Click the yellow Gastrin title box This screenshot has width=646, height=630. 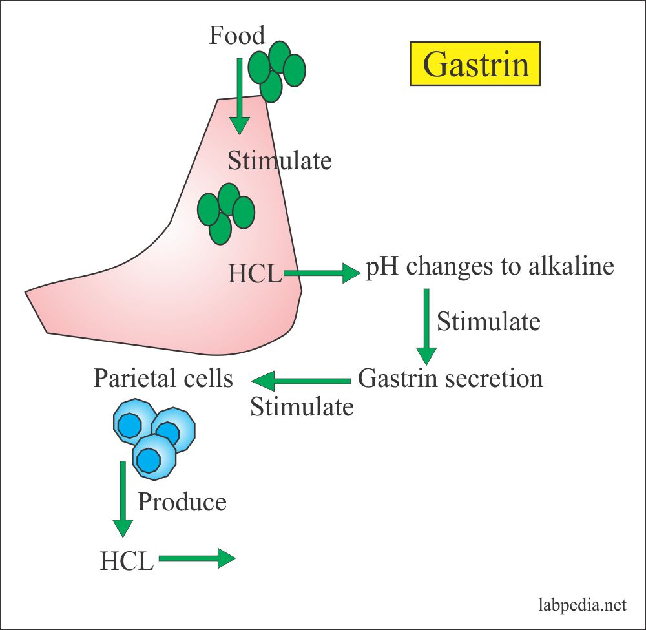coord(475,65)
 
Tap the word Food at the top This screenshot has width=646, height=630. coord(237,36)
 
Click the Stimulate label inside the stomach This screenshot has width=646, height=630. coord(280,160)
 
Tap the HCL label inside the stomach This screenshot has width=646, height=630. coord(255,274)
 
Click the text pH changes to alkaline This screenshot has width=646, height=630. coord(490,267)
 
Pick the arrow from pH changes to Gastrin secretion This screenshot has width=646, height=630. coord(426,326)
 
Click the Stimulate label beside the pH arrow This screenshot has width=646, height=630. coord(488,321)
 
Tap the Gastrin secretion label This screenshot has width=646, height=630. coord(450,378)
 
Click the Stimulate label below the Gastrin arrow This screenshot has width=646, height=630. coord(302,407)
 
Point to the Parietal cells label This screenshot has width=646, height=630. coord(163,378)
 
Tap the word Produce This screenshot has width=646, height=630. coord(182,501)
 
